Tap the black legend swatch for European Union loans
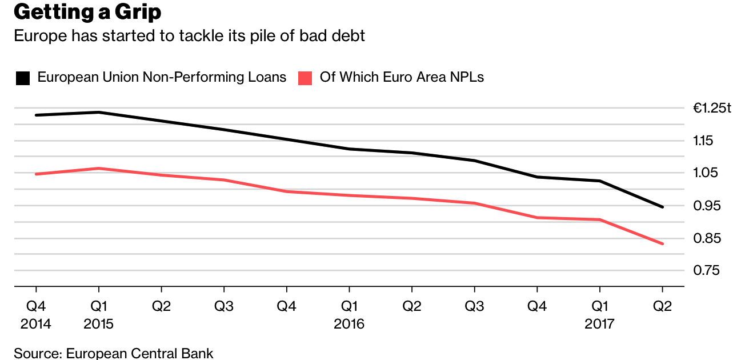[x=23, y=78]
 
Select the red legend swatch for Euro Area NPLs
[x=306, y=78]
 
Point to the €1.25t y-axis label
[x=712, y=108]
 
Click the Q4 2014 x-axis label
[x=35, y=315]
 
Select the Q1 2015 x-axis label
[x=98, y=315]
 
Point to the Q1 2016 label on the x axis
[x=349, y=315]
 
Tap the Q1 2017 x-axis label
[x=599, y=315]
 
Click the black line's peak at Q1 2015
[x=99, y=112]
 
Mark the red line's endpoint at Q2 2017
[x=662, y=244]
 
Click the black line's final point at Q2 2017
[x=662, y=207]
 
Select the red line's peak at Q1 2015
[x=99, y=168]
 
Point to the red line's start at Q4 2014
[x=36, y=174]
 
